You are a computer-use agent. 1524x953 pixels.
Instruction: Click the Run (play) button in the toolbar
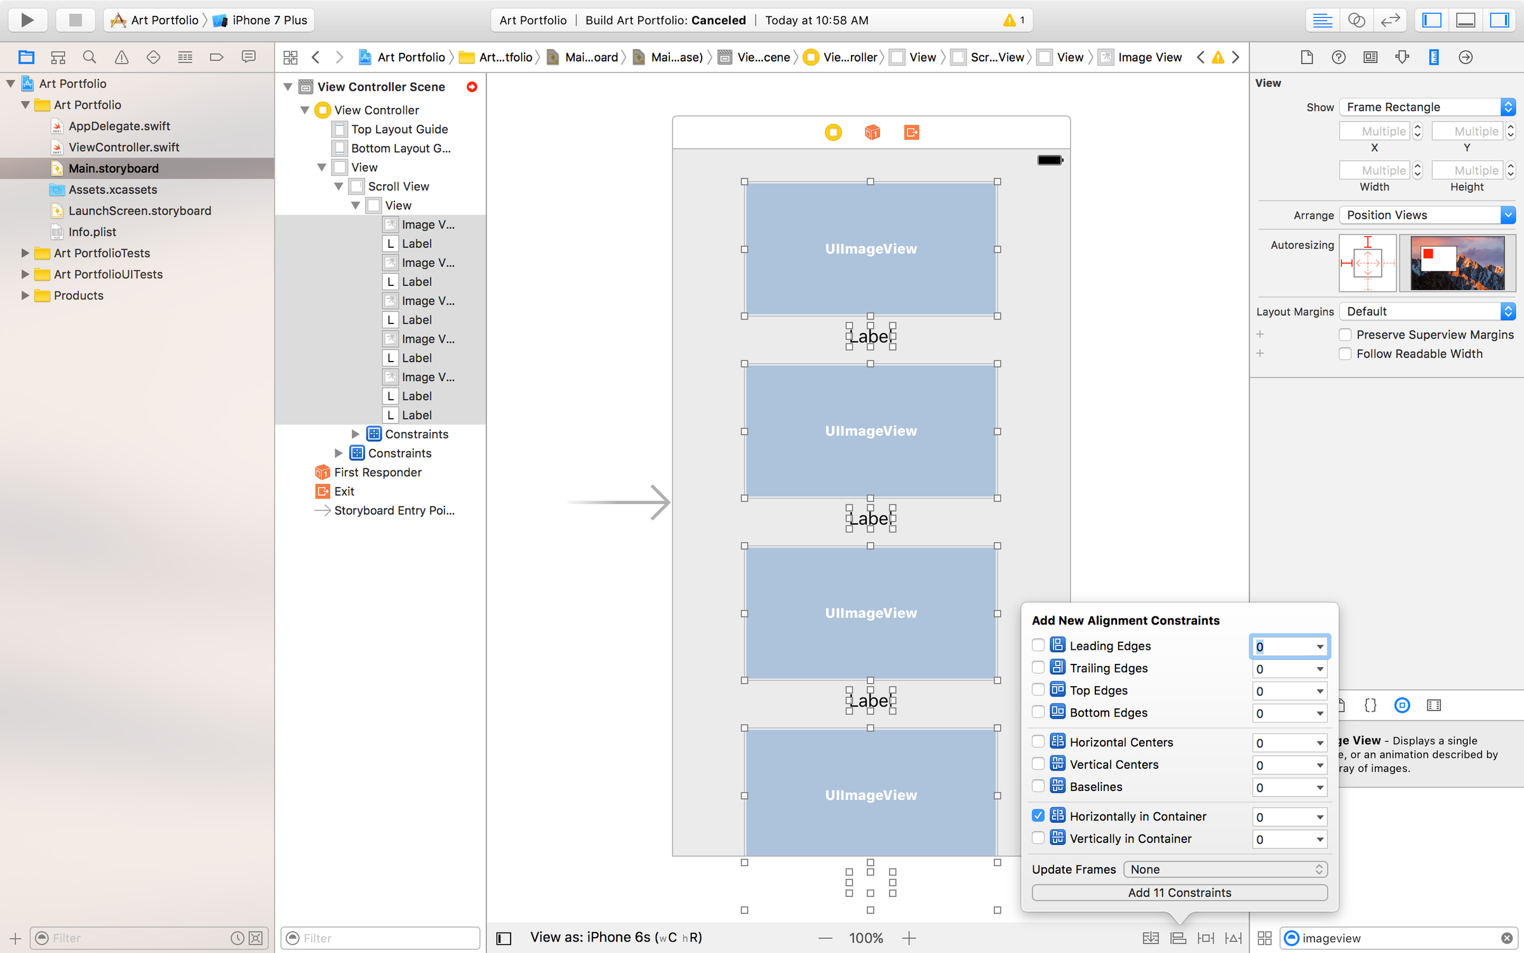point(27,20)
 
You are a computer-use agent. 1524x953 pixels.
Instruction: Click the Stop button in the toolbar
point(75,20)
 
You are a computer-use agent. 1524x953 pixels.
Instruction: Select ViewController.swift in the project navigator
point(123,147)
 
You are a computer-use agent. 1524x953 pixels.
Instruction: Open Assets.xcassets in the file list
point(112,190)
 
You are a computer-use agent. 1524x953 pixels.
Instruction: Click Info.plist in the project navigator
point(92,232)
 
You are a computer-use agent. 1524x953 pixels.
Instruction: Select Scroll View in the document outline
point(398,187)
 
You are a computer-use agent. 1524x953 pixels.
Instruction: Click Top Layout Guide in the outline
point(399,130)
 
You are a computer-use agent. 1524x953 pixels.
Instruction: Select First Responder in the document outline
point(377,473)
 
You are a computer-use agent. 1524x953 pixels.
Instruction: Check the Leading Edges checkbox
point(1038,645)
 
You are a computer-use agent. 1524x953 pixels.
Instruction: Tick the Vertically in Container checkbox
point(1038,839)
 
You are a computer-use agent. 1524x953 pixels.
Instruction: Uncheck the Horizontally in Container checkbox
point(1038,816)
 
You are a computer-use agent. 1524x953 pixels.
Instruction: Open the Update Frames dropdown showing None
point(1225,869)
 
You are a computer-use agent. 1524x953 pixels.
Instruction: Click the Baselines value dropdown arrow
point(1320,788)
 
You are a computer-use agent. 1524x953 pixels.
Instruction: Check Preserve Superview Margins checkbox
point(1345,335)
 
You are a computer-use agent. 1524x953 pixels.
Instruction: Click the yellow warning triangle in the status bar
point(1009,20)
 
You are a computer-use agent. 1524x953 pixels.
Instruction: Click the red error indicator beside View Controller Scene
point(472,87)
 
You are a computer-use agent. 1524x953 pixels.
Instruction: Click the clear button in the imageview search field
point(1506,938)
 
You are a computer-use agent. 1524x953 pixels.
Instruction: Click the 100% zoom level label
point(866,938)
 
